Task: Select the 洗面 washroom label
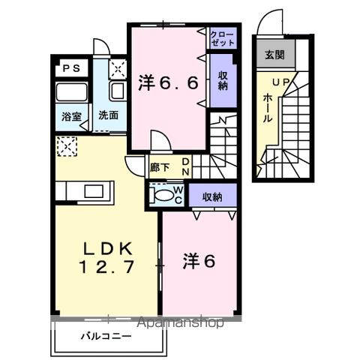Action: tap(109, 116)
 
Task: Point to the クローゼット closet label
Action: tap(221, 38)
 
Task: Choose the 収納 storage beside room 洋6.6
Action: tap(223, 79)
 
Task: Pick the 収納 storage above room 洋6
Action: tap(211, 196)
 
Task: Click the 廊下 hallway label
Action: tap(159, 168)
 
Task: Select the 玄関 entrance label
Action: tap(274, 55)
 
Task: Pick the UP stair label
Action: tap(280, 81)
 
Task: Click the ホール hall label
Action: tap(268, 108)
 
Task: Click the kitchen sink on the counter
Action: tap(96, 190)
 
